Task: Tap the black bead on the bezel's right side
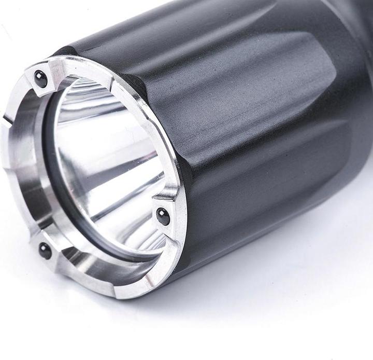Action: coord(162,216)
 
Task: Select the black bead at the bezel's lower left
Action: coord(45,251)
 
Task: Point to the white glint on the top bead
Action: coord(38,76)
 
